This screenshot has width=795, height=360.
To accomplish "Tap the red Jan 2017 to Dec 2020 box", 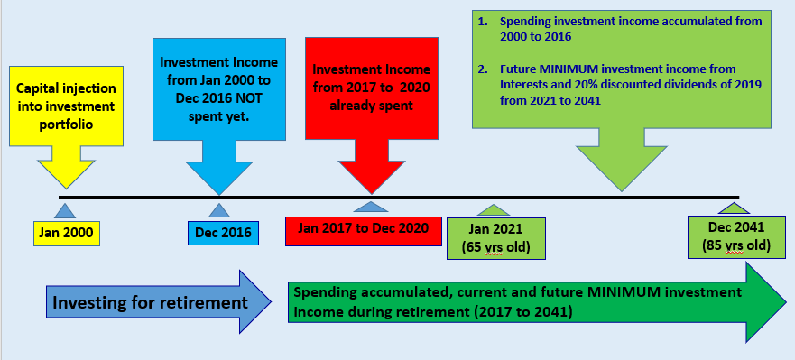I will (x=363, y=228).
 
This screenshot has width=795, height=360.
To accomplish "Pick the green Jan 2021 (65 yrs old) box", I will (x=490, y=237).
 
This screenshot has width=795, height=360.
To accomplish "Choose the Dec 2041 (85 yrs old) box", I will (x=731, y=237).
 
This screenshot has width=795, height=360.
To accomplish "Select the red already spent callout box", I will (x=370, y=86).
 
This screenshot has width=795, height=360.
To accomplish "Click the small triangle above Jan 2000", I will (x=63, y=211).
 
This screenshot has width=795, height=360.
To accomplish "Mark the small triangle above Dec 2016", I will (x=219, y=211).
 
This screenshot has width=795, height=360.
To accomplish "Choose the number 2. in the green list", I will (x=483, y=69).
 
